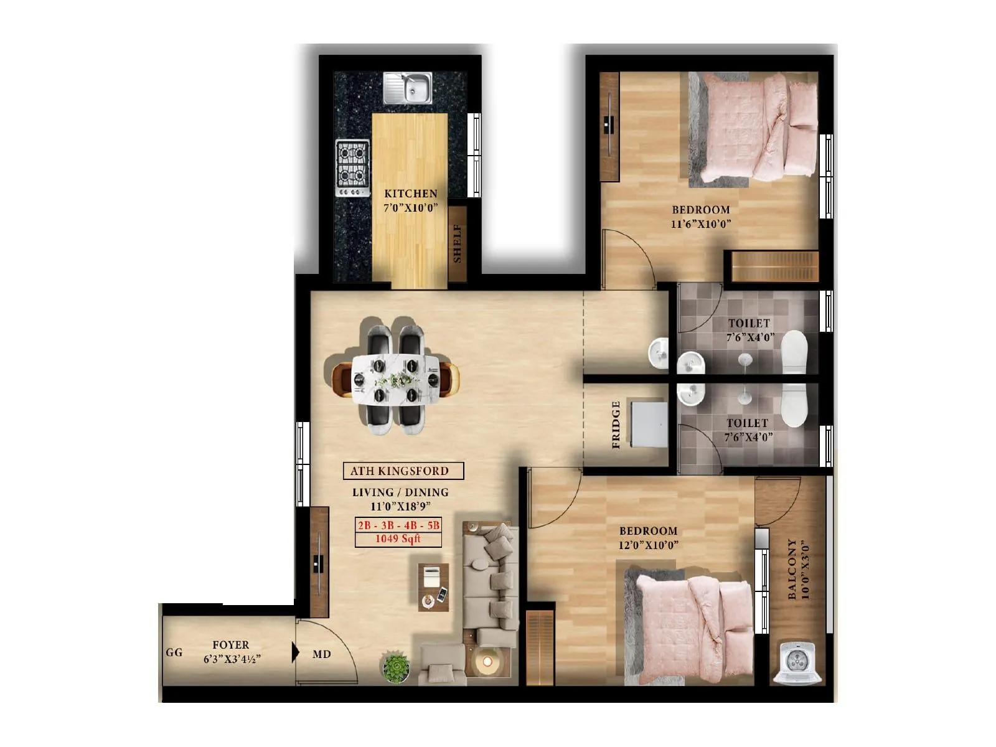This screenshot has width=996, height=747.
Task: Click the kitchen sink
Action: [408, 88]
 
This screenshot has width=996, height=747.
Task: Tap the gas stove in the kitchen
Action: [352, 167]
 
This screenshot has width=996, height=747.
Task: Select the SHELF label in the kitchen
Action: [458, 243]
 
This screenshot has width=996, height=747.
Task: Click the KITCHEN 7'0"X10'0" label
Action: [410, 200]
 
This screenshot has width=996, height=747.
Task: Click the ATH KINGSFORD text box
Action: [403, 471]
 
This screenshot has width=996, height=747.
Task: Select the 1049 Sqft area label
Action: [398, 539]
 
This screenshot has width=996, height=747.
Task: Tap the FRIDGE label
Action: [616, 425]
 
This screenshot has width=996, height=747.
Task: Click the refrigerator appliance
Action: [649, 425]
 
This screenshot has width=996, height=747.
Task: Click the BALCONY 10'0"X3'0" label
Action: [798, 570]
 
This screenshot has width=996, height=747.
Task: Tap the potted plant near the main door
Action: [395, 667]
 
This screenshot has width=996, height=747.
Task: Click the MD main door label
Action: [322, 654]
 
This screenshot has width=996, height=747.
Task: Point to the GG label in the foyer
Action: [174, 652]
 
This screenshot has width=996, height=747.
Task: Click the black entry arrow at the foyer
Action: [295, 652]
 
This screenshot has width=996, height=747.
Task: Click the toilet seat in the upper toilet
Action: [794, 352]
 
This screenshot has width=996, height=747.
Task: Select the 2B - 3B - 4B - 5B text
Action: [398, 525]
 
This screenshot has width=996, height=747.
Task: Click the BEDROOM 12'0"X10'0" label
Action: [648, 538]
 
